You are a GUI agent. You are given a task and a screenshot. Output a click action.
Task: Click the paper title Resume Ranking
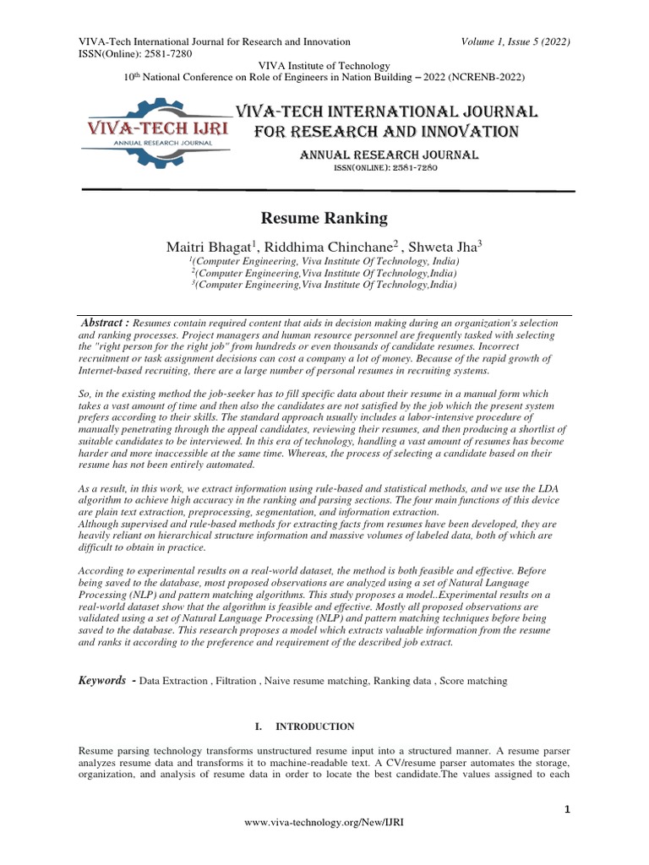[x=324, y=219]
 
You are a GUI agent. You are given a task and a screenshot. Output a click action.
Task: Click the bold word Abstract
[x=104, y=324]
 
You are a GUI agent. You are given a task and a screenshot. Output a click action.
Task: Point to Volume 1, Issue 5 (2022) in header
[x=515, y=41]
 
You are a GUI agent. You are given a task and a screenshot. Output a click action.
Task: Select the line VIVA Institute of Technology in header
[x=324, y=66]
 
